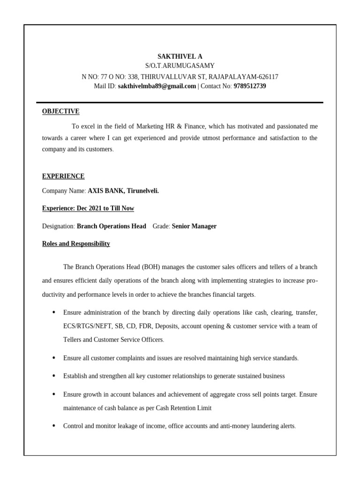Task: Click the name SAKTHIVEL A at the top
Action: pos(180,56)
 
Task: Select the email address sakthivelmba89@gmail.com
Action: pos(157,86)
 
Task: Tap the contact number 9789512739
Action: pos(249,86)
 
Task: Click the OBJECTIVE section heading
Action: pos(60,111)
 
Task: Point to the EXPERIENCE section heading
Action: pos(63,176)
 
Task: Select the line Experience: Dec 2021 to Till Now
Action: pos(88,208)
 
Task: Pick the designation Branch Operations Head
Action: pos(111,226)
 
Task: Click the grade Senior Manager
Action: pos(194,226)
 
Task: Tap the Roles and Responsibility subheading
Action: pos(76,244)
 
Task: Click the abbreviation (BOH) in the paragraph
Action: pos(149,267)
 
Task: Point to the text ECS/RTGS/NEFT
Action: pos(85,326)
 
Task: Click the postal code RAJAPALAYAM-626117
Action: pos(243,76)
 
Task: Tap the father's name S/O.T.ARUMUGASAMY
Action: pos(180,66)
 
